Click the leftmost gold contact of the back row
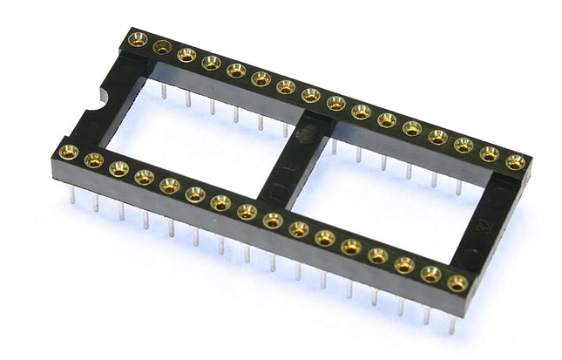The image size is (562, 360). tap(137, 38)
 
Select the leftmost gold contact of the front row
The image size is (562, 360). tap(68, 153)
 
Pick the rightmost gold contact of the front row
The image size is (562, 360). tap(457, 282)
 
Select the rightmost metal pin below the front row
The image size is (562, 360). tap(452, 323)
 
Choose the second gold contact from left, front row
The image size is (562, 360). tap(93, 160)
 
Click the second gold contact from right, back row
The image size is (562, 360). tap(490, 153)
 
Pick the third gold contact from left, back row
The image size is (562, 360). tap(186, 55)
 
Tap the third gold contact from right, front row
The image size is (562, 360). tap(404, 264)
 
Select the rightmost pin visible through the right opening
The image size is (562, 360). tap(459, 187)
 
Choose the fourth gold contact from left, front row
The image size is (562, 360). tap(144, 177)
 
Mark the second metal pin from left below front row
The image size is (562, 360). tap(96, 203)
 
